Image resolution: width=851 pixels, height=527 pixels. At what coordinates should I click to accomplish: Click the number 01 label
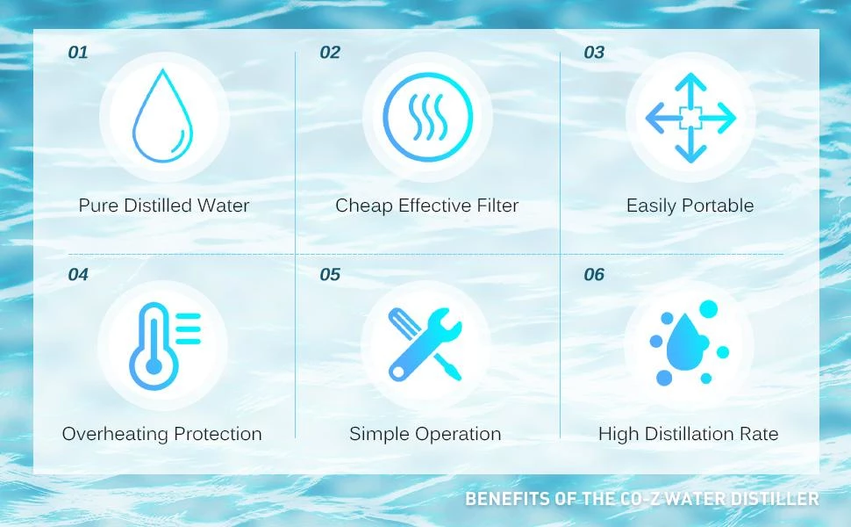[x=77, y=53]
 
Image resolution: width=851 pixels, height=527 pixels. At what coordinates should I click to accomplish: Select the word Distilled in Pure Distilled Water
[x=158, y=206]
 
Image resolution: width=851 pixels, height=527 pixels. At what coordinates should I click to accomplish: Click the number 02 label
[x=330, y=53]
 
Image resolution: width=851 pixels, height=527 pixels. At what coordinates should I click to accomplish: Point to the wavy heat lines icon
[x=427, y=116]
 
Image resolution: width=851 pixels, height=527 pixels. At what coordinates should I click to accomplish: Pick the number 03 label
[x=594, y=53]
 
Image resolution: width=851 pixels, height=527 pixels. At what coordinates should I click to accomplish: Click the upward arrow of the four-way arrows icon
[x=690, y=89]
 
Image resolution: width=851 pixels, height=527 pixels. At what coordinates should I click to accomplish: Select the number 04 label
[x=78, y=275]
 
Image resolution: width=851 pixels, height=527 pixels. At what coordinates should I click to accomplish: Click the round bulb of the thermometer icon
[x=154, y=365]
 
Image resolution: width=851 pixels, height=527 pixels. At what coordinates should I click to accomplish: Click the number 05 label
[x=330, y=275]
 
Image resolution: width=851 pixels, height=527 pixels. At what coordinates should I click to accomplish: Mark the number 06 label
[x=594, y=275]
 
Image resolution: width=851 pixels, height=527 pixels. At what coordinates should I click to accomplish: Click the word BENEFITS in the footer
[x=507, y=499]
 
